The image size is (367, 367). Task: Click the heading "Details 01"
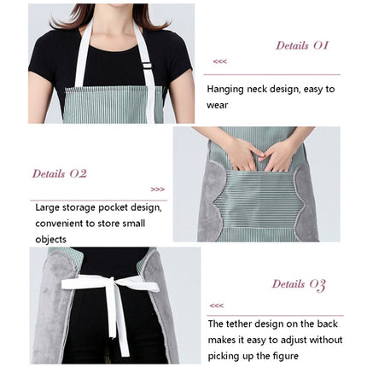pos(302,45)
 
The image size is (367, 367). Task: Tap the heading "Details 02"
pos(60,173)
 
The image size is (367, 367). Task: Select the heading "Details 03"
pos(299,285)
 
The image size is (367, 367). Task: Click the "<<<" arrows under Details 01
pos(220,61)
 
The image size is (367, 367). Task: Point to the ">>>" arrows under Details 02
pos(158,189)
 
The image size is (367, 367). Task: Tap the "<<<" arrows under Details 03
pos(217,306)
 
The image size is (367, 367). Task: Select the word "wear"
pos(218,106)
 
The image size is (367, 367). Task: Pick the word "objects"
pos(51,240)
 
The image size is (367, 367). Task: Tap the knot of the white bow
pos(112,283)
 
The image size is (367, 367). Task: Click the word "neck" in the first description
pos(257,90)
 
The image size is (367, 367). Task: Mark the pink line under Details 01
pos(272,75)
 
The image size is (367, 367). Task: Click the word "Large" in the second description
pos(48,208)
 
